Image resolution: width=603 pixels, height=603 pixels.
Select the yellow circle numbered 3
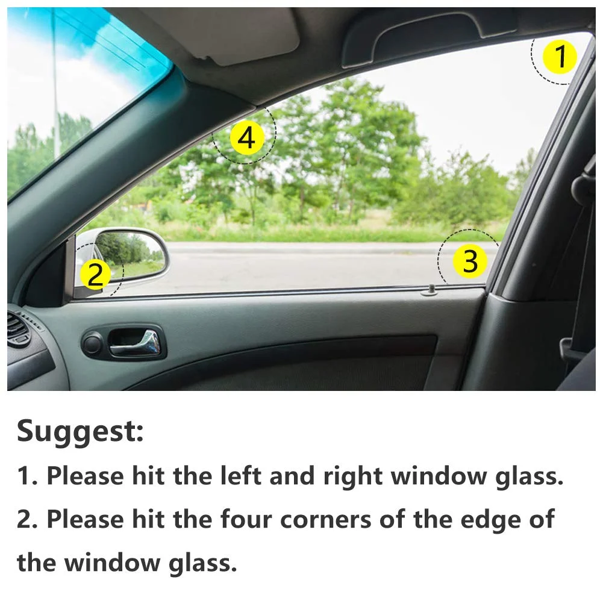pyautogui.click(x=470, y=261)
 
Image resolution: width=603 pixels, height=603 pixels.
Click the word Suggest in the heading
pyautogui.click(x=80, y=431)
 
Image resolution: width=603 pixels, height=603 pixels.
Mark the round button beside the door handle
pyautogui.click(x=92, y=345)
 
